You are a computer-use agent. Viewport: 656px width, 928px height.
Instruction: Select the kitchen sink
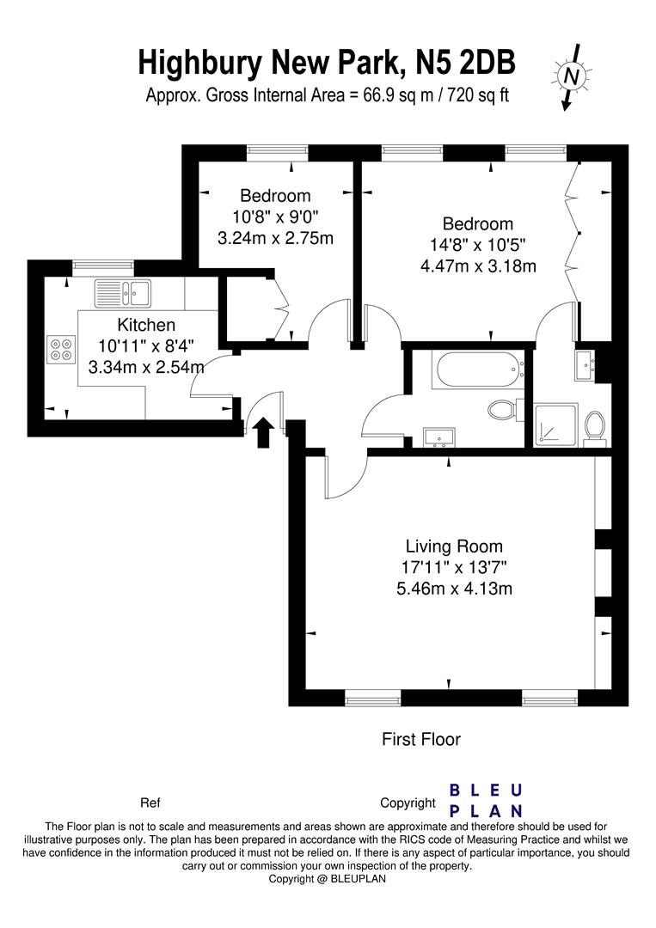(x=123, y=292)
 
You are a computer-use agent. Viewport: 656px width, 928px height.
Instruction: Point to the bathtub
(x=478, y=369)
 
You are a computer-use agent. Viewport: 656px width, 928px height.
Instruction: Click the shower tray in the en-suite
(x=555, y=425)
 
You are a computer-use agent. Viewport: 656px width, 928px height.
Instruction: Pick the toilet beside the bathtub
(x=505, y=409)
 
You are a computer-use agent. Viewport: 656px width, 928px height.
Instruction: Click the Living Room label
(x=454, y=546)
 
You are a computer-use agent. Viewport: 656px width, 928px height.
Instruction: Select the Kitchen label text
(x=146, y=324)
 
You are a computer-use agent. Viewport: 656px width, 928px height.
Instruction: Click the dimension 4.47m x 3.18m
(x=478, y=266)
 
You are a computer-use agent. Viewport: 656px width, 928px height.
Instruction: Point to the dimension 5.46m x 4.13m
(x=454, y=589)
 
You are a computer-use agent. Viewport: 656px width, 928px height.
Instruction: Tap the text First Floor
(x=421, y=739)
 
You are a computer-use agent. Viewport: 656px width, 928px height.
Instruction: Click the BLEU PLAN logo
(x=486, y=800)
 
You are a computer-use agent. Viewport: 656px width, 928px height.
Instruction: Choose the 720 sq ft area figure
(x=478, y=95)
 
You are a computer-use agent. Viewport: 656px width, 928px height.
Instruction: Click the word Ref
(x=150, y=803)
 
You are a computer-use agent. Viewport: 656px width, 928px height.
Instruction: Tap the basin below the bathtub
(x=438, y=437)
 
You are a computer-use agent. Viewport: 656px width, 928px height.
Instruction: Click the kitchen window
(x=104, y=267)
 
